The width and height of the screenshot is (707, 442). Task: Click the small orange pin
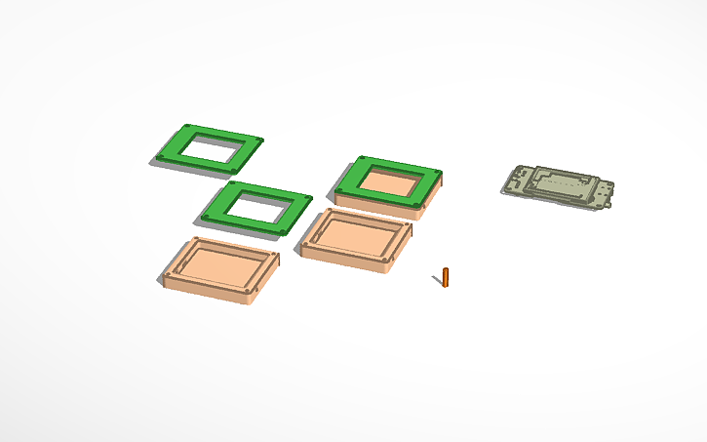click(447, 277)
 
